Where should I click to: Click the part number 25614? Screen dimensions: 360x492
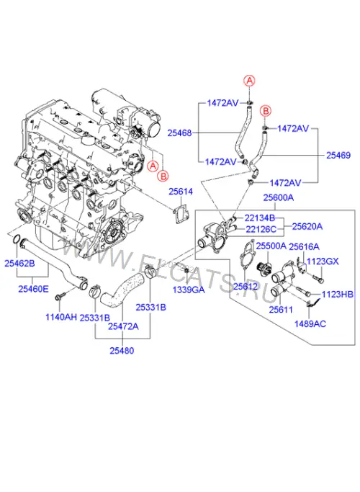tap(181, 192)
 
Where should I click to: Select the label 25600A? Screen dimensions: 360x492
tap(279, 197)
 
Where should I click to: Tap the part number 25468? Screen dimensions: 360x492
tap(179, 133)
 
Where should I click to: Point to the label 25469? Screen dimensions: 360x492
tap(338, 155)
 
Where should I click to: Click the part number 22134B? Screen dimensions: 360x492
tap(260, 218)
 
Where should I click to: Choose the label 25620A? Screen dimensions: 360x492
tap(307, 226)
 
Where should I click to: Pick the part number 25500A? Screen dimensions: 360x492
tap(271, 246)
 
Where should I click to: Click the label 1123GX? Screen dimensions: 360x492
tap(323, 261)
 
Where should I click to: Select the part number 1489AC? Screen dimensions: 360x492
tap(310, 323)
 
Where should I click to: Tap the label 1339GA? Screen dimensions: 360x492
tap(189, 290)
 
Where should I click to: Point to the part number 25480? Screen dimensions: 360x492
tap(122, 351)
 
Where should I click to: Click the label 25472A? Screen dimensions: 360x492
tap(123, 326)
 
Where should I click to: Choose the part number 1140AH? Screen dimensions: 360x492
tap(61, 317)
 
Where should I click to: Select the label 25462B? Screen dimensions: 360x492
tap(19, 263)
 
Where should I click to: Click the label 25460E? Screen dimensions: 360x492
tap(34, 289)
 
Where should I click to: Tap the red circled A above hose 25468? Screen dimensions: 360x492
tap(250, 81)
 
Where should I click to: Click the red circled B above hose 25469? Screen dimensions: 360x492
tap(266, 111)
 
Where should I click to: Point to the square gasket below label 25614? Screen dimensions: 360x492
tap(180, 215)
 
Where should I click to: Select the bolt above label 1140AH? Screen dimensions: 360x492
tap(60, 296)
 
